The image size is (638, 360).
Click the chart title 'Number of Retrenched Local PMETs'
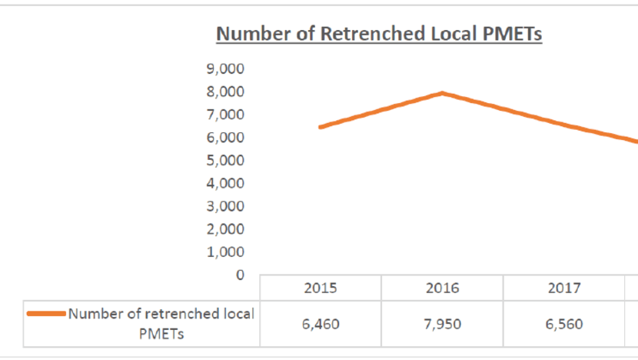coord(379,35)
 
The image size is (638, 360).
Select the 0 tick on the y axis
coord(240,275)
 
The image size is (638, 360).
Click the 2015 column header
coord(321,288)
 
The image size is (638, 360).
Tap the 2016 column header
coord(442,288)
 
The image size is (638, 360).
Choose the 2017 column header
coord(563,288)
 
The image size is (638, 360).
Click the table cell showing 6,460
coord(321,324)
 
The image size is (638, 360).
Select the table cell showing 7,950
coord(442,324)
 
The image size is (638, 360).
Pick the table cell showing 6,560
coord(563,324)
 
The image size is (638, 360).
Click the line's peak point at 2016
coord(442,93)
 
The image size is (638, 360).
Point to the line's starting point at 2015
coord(321,127)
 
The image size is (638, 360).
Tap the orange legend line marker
coord(45,313)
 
